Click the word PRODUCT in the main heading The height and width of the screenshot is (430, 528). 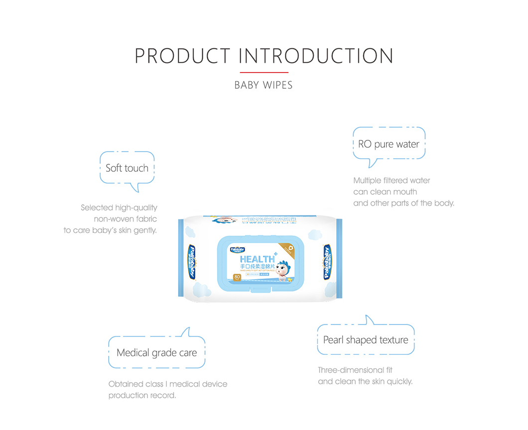tap(182, 56)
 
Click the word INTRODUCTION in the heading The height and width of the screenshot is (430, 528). tap(316, 56)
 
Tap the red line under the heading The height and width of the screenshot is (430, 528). tap(264, 73)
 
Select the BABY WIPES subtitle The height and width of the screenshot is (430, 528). tap(264, 85)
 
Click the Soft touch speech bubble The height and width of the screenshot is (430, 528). tap(127, 168)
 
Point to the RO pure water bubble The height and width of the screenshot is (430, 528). tap(389, 144)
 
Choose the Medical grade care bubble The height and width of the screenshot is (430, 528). tap(156, 352)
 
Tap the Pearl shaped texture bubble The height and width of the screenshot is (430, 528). tap(366, 340)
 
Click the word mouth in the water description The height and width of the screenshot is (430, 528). tap(405, 192)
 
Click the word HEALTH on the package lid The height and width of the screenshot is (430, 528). tap(257, 259)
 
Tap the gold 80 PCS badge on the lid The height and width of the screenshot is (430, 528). tap(237, 277)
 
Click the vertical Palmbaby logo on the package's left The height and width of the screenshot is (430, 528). tap(191, 261)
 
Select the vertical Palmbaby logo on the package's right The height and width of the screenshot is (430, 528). tap(327, 261)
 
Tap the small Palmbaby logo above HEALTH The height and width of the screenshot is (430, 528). tap(237, 250)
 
